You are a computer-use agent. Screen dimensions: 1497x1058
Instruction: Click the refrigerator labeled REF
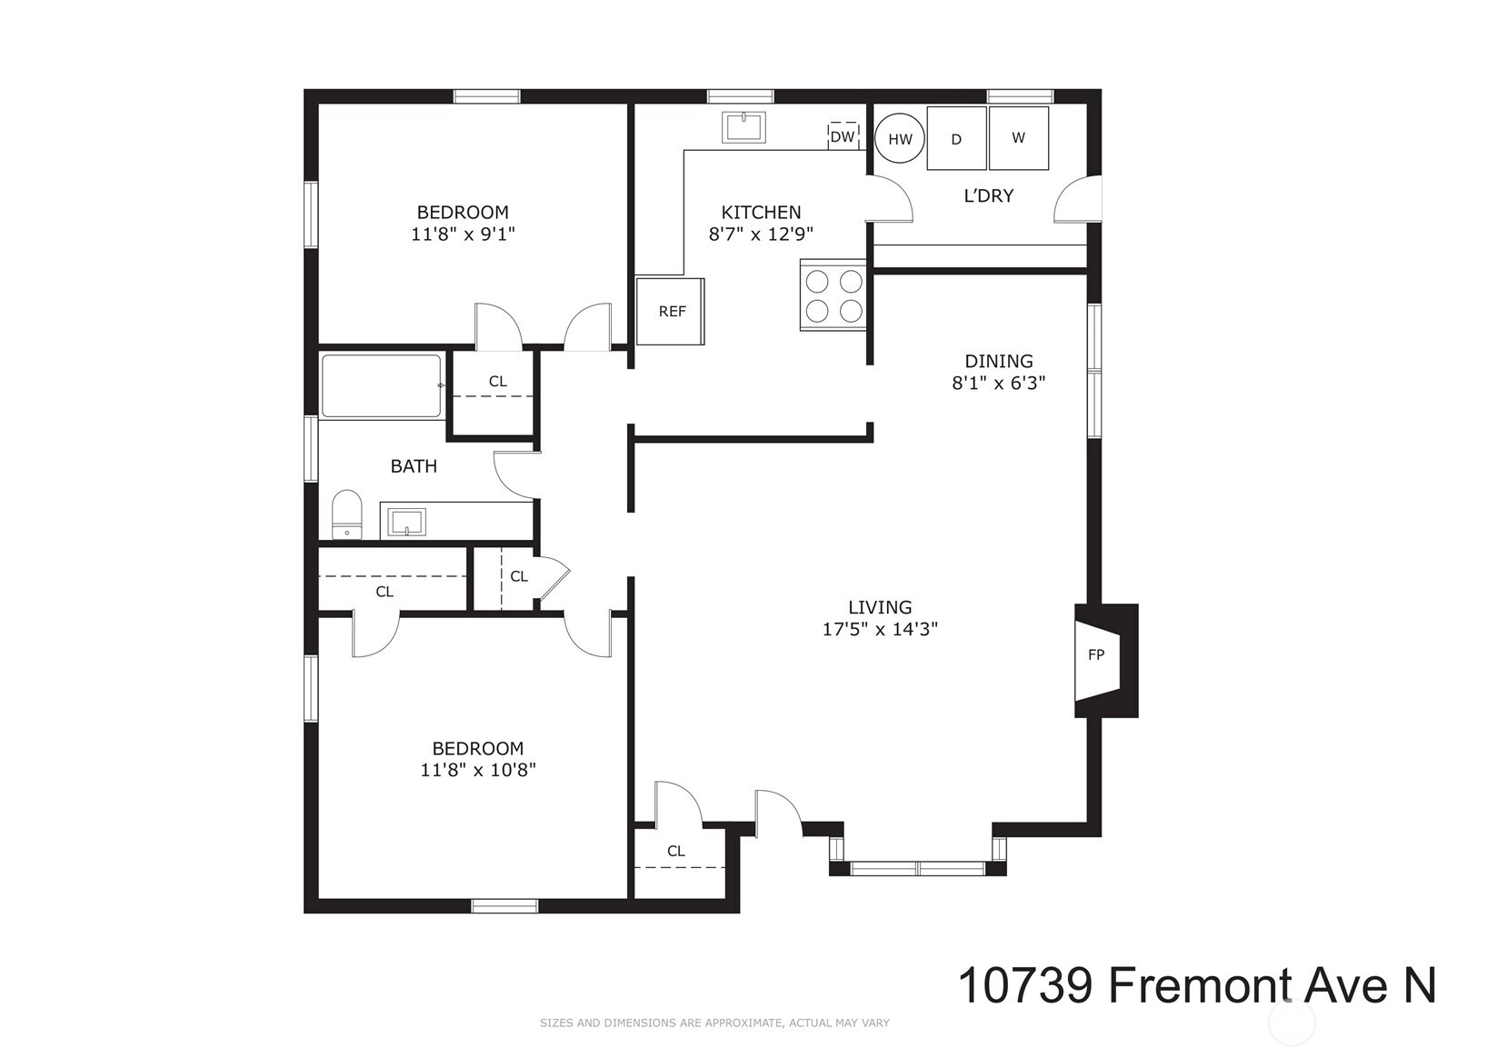point(670,312)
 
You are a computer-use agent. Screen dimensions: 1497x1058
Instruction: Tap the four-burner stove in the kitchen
point(833,294)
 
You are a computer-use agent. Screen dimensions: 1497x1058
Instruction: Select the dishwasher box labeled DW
point(843,136)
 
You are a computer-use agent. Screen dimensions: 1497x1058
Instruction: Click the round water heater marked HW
point(900,139)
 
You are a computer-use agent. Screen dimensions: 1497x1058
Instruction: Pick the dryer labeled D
point(957,138)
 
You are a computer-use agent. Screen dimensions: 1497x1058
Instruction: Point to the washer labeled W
point(1019,137)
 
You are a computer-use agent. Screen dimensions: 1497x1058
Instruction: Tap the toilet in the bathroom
point(347,514)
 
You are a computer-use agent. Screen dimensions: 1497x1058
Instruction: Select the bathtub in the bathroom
point(382,386)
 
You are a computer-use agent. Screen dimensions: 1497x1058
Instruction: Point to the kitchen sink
point(744,127)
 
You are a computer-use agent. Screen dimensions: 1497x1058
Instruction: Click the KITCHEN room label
point(761,213)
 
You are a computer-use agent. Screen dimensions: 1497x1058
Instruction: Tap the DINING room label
point(999,362)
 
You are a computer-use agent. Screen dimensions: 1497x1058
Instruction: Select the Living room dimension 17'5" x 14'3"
point(880,629)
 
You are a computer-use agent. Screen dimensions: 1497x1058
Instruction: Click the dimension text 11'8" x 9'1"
point(464,234)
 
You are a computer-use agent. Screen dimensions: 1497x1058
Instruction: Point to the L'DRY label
point(989,195)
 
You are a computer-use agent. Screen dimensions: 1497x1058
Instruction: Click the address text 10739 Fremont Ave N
point(1197,985)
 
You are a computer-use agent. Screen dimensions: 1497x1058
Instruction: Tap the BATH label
point(414,466)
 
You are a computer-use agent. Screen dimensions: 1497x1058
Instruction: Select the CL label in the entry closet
point(676,852)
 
